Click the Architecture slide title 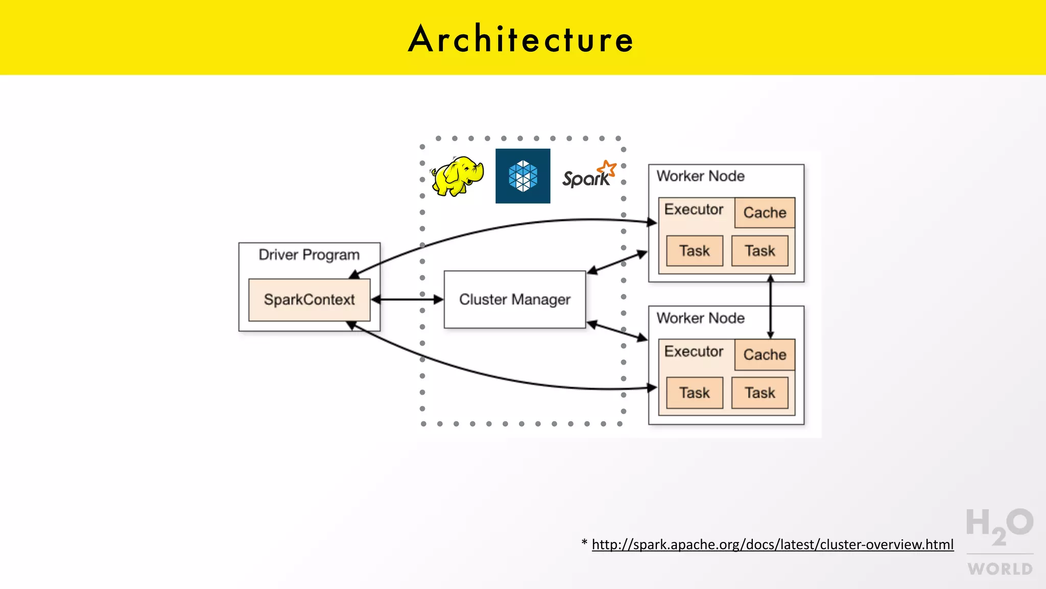pos(521,39)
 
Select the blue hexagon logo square pos(522,176)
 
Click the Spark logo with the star pos(589,175)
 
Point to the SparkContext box pos(309,300)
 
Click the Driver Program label pos(309,255)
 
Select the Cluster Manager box pos(514,300)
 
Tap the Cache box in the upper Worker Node pos(765,213)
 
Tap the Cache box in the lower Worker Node pos(765,355)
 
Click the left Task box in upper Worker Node pos(695,251)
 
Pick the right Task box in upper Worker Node pos(760,251)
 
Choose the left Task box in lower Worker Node pos(695,393)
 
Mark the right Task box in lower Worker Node pos(760,393)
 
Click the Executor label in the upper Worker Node pos(694,210)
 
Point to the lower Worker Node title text pos(700,318)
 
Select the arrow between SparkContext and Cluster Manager pos(407,300)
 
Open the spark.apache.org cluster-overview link pos(772,545)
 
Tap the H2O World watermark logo pos(1000,541)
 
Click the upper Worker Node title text pos(700,176)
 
